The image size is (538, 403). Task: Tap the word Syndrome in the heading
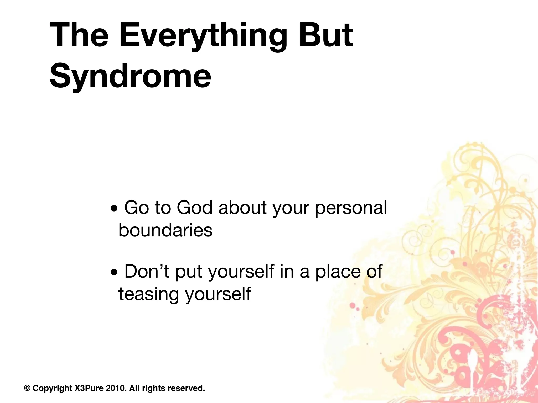pyautogui.click(x=130, y=76)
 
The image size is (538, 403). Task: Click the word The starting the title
pyautogui.click(x=79, y=35)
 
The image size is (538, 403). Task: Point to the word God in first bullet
pyautogui.click(x=194, y=208)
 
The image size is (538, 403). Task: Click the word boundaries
pyautogui.click(x=165, y=230)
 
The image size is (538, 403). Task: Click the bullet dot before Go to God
pyautogui.click(x=114, y=210)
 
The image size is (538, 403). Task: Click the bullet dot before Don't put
pyautogui.click(x=114, y=273)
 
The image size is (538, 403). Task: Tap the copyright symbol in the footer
pyautogui.click(x=27, y=388)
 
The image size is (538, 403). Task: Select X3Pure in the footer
pyautogui.click(x=89, y=388)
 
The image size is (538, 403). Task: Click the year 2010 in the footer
pyautogui.click(x=116, y=388)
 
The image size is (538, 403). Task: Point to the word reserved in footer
pyautogui.click(x=186, y=388)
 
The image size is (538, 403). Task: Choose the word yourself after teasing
pyautogui.click(x=218, y=294)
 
